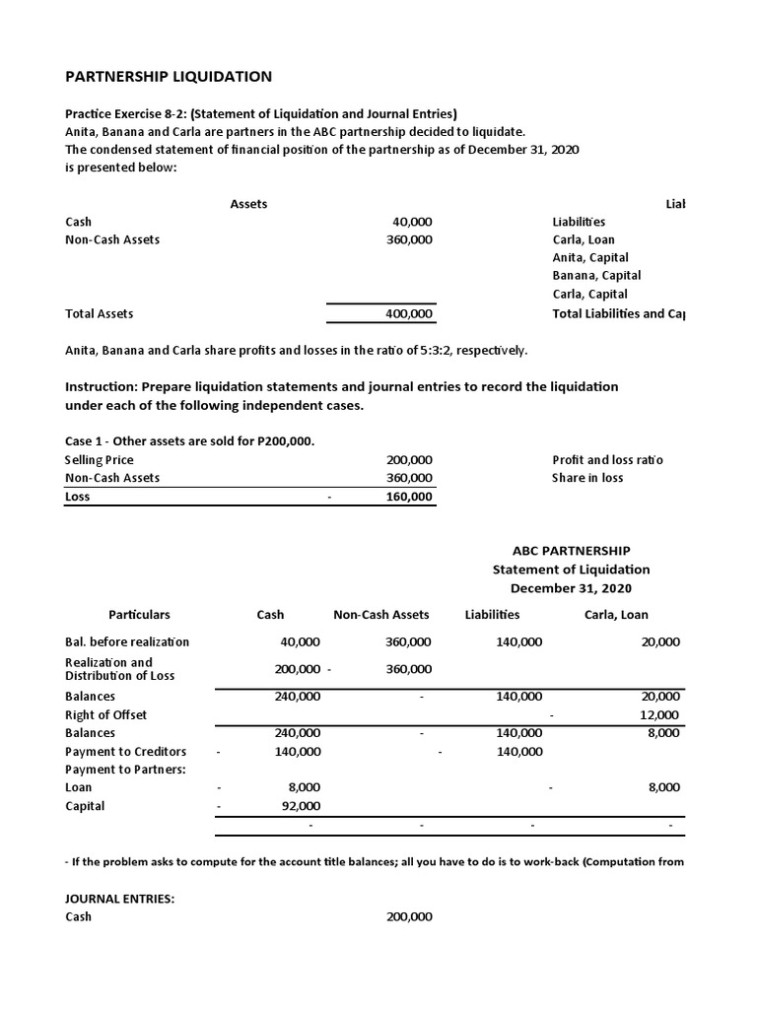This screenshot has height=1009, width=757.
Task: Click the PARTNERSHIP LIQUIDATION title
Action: point(169,77)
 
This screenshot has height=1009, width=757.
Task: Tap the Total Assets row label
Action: point(99,313)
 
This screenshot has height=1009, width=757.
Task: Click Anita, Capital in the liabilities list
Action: point(590,258)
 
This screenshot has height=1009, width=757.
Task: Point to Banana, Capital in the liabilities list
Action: point(596,276)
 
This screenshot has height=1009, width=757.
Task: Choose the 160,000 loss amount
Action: point(408,497)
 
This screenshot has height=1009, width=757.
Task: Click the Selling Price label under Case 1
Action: point(99,460)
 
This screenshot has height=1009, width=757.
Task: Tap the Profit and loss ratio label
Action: point(607,460)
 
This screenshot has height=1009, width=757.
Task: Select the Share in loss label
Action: point(588,478)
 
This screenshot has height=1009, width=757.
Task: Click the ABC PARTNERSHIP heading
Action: point(571,551)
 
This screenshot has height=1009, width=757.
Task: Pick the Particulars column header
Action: point(140,614)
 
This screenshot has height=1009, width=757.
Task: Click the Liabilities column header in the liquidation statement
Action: point(492,614)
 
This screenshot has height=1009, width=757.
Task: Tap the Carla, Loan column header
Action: point(616,614)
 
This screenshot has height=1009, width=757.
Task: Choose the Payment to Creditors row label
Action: point(125,751)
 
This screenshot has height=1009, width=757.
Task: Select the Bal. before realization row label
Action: point(126,641)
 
